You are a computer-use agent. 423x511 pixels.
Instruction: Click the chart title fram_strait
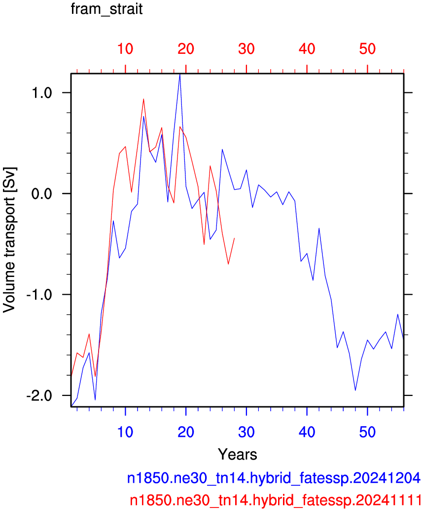click(106, 9)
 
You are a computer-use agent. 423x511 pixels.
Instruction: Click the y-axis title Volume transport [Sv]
click(9, 240)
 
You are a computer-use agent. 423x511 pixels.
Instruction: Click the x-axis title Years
click(238, 454)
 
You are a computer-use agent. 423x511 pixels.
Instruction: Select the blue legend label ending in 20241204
click(274, 478)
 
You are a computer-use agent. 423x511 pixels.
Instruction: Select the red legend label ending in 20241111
click(275, 500)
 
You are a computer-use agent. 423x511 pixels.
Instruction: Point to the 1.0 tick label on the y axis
click(42, 93)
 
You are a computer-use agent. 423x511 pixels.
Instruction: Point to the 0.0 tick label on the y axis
click(42, 194)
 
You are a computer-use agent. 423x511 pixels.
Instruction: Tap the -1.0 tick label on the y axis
click(39, 295)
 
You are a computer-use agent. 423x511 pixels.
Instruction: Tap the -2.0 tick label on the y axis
click(39, 396)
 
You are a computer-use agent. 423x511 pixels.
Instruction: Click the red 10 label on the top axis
click(125, 49)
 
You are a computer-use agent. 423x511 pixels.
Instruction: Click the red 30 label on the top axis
click(247, 49)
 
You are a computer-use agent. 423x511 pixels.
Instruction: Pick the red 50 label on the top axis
click(368, 49)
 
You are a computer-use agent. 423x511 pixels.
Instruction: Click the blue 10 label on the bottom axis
click(125, 432)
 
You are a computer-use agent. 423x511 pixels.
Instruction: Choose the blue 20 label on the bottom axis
click(186, 432)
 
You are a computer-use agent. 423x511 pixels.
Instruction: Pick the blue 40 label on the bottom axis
click(307, 432)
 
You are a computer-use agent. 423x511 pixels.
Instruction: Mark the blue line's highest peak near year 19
click(179, 75)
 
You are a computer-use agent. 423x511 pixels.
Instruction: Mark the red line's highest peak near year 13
click(143, 99)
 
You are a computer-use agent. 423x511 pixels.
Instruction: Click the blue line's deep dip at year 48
click(355, 390)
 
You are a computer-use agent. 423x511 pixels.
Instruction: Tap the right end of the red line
click(234, 238)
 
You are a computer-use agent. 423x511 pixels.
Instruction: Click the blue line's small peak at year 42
click(319, 229)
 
